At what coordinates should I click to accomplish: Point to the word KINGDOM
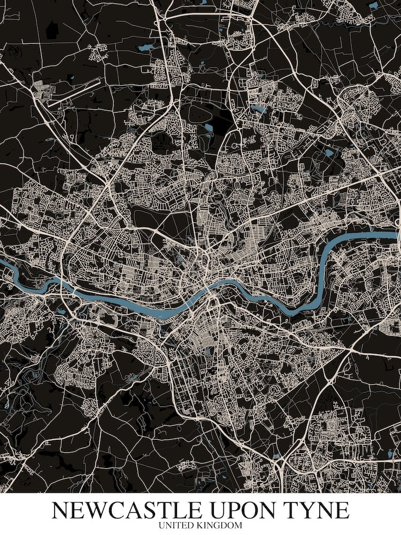(220, 526)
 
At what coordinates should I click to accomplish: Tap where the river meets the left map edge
(2, 262)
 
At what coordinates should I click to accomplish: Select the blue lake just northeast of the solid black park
(259, 109)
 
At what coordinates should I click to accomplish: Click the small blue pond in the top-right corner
(373, 5)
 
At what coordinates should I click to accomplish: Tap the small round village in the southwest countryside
(90, 407)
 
